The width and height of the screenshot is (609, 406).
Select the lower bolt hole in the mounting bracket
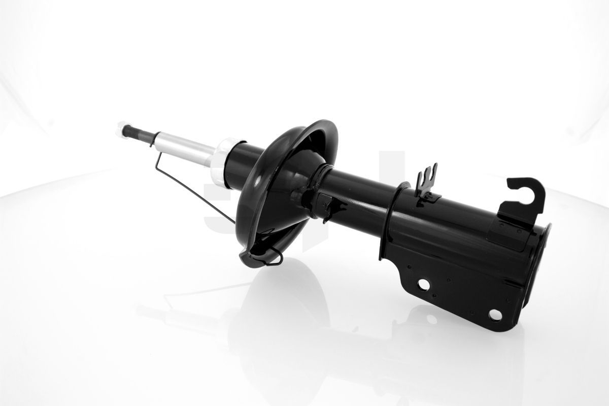494,315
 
